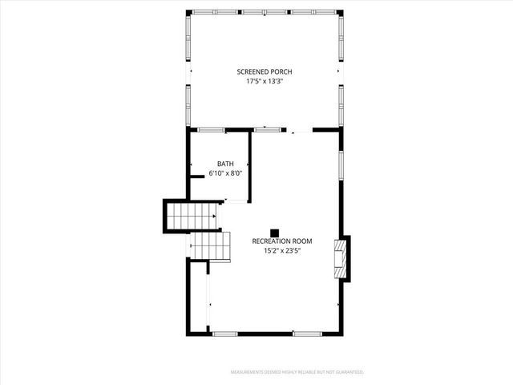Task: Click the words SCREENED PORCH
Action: point(265,71)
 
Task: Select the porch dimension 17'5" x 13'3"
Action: point(265,81)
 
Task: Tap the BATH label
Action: point(225,164)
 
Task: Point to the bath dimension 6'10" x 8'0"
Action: point(225,172)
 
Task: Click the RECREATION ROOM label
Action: point(281,241)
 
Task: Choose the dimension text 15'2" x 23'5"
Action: point(281,250)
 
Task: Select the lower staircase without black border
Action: point(210,245)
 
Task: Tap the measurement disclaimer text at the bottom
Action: point(297,372)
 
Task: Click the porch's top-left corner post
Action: point(190,12)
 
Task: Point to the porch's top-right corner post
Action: point(341,12)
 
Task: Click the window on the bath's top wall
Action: point(212,129)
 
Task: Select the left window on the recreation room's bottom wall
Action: point(225,333)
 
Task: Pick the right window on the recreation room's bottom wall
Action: point(306,333)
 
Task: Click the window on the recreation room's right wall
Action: point(342,160)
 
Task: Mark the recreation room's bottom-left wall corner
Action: point(190,332)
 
